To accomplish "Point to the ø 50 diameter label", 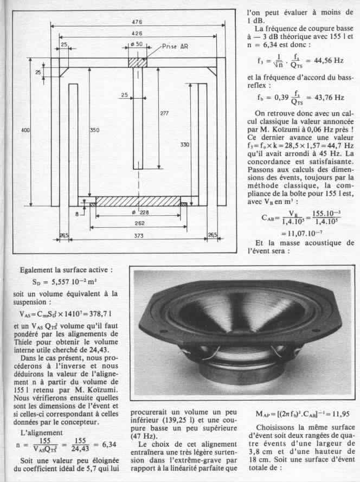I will [x=137, y=44].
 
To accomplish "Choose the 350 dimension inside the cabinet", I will [x=94, y=131].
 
